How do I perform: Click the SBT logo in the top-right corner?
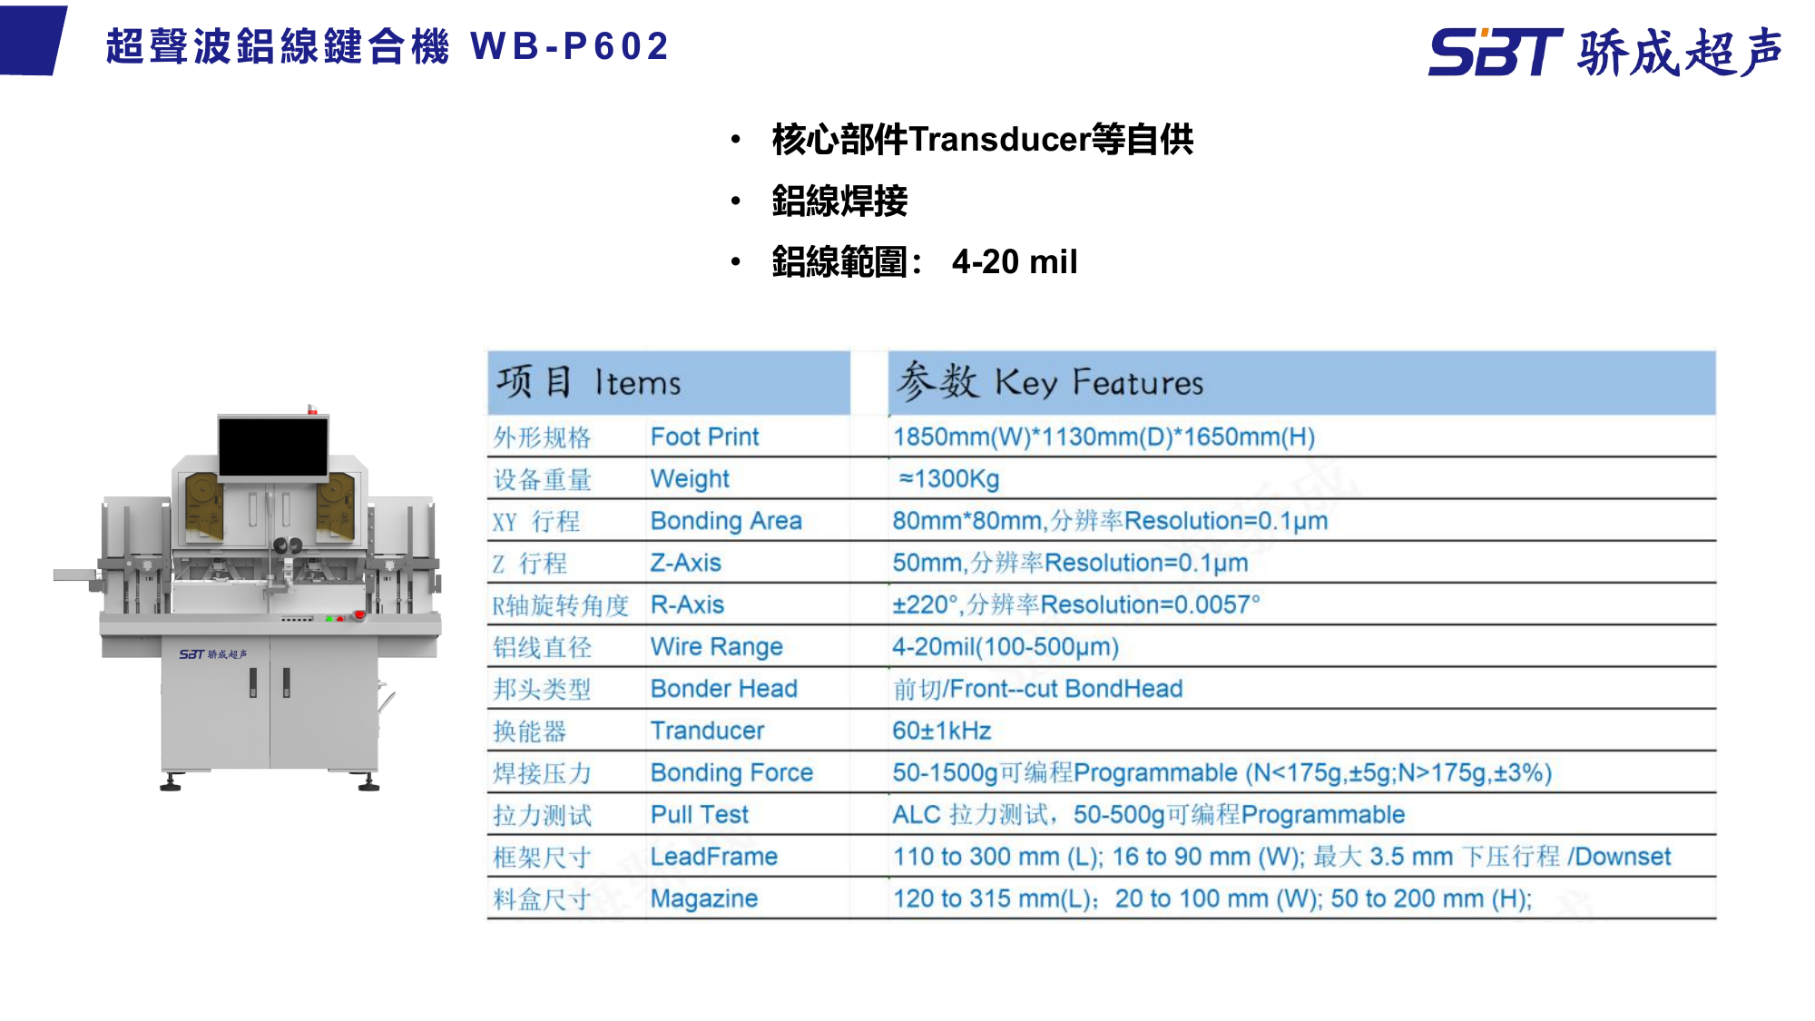[x=1494, y=52]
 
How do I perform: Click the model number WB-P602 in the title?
[x=570, y=46]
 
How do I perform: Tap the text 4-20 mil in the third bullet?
[x=1014, y=262]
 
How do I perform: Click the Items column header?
[x=637, y=383]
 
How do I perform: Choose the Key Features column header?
[x=1098, y=383]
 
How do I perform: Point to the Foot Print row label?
[x=704, y=437]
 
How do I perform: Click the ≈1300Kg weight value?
[x=948, y=479]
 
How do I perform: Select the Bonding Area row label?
[x=726, y=521]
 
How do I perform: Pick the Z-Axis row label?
[x=685, y=563]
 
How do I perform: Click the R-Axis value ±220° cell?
[x=1075, y=604]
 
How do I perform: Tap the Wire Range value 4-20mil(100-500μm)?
[x=1006, y=647]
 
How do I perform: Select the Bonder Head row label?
[x=723, y=689]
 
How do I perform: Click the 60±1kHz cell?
[x=941, y=731]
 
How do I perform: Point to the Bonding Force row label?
[x=731, y=772]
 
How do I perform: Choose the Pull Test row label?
[x=699, y=815]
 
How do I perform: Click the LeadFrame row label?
[x=713, y=857]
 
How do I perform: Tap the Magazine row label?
[x=703, y=898]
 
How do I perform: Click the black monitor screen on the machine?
[x=273, y=447]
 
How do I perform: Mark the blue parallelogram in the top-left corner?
[x=33, y=41]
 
